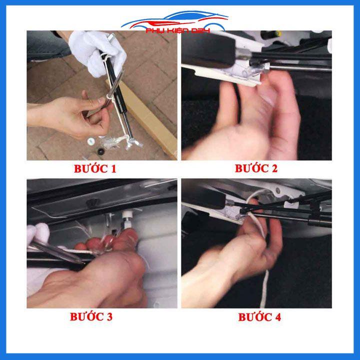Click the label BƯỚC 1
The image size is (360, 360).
tap(95, 169)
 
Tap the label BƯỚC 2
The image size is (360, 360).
tap(256, 168)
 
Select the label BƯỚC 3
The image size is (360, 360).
tap(91, 317)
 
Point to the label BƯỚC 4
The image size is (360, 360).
tap(259, 317)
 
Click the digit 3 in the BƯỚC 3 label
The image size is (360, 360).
tap(109, 317)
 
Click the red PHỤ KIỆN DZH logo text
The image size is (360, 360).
tap(178, 30)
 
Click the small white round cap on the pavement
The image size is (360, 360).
tap(90, 141)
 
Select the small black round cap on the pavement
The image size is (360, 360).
tap(100, 151)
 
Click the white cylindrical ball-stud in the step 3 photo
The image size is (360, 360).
tap(126, 219)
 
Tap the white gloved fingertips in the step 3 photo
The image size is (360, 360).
tap(38, 232)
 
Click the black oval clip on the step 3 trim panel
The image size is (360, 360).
tap(93, 202)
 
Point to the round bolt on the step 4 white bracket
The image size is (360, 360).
tap(278, 190)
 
